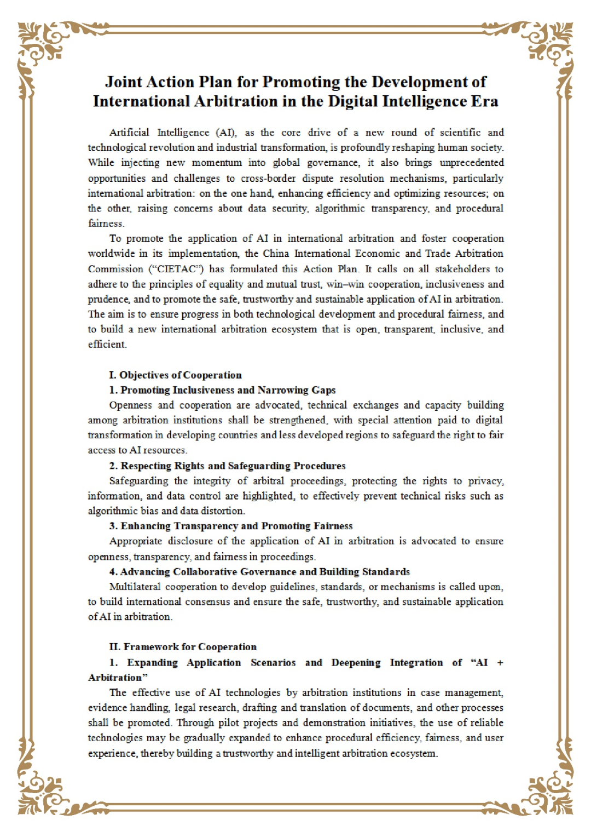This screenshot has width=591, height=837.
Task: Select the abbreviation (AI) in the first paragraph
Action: (x=227, y=133)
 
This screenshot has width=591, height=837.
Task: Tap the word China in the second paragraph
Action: (x=276, y=254)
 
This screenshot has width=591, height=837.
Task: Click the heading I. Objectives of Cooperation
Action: (x=175, y=375)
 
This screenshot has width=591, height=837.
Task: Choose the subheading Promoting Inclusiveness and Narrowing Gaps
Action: (x=228, y=390)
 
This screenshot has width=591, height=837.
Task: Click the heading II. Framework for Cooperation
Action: (x=183, y=647)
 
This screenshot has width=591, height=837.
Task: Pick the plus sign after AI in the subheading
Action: (x=500, y=663)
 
